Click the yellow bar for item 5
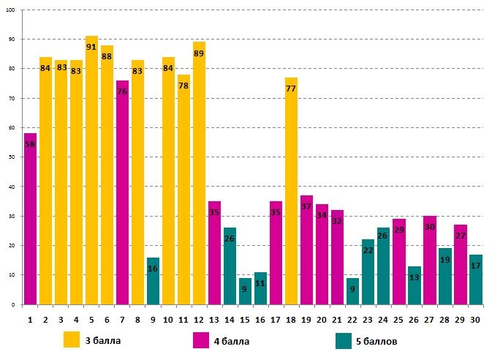tap(91, 176)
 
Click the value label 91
tap(91, 47)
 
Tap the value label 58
tap(30, 144)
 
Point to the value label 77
tap(291, 89)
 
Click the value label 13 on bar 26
tap(414, 277)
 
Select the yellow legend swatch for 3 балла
tap(72, 340)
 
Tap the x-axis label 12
tap(199, 319)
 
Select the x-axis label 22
tap(352, 319)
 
